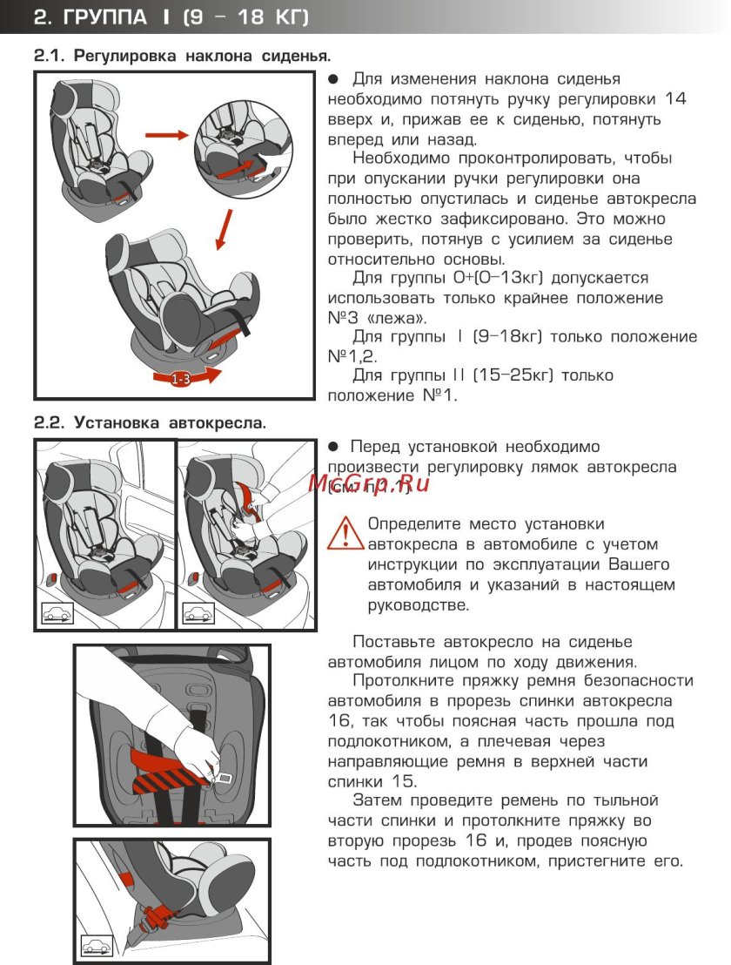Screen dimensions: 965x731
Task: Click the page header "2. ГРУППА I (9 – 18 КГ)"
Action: (x=171, y=17)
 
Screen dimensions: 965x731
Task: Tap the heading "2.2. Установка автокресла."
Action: (x=150, y=423)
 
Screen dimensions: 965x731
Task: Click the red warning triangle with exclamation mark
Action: (x=345, y=532)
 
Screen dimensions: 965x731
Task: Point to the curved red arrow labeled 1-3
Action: (x=184, y=377)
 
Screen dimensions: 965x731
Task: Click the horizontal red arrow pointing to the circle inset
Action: (x=166, y=135)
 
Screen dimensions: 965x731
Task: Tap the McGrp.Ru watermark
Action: (x=369, y=483)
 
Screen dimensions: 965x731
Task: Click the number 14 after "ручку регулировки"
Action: (x=674, y=98)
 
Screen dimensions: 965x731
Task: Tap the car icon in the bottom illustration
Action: (x=97, y=945)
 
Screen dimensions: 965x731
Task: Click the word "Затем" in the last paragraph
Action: (x=375, y=800)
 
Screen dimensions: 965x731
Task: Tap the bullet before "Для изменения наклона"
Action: (x=332, y=79)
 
